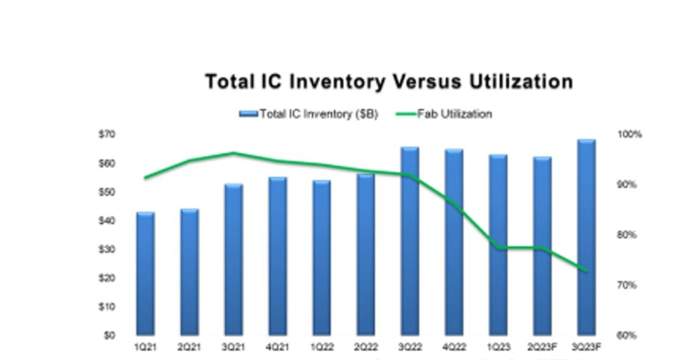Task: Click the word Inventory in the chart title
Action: [338, 82]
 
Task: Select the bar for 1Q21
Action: [145, 274]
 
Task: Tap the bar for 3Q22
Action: [410, 241]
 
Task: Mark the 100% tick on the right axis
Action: [629, 134]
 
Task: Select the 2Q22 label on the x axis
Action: [366, 347]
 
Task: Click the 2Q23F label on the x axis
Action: [542, 347]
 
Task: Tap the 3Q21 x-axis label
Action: [234, 347]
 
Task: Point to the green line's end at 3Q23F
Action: [586, 271]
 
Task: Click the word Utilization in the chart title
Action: [521, 82]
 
